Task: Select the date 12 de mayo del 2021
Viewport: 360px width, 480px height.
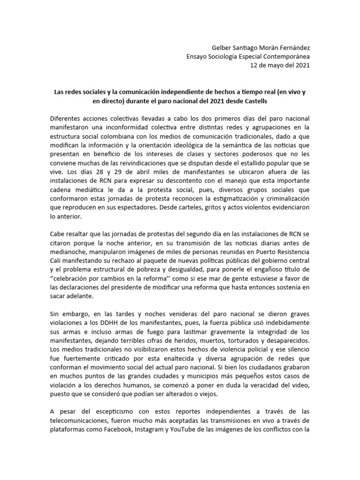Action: click(x=279, y=65)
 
